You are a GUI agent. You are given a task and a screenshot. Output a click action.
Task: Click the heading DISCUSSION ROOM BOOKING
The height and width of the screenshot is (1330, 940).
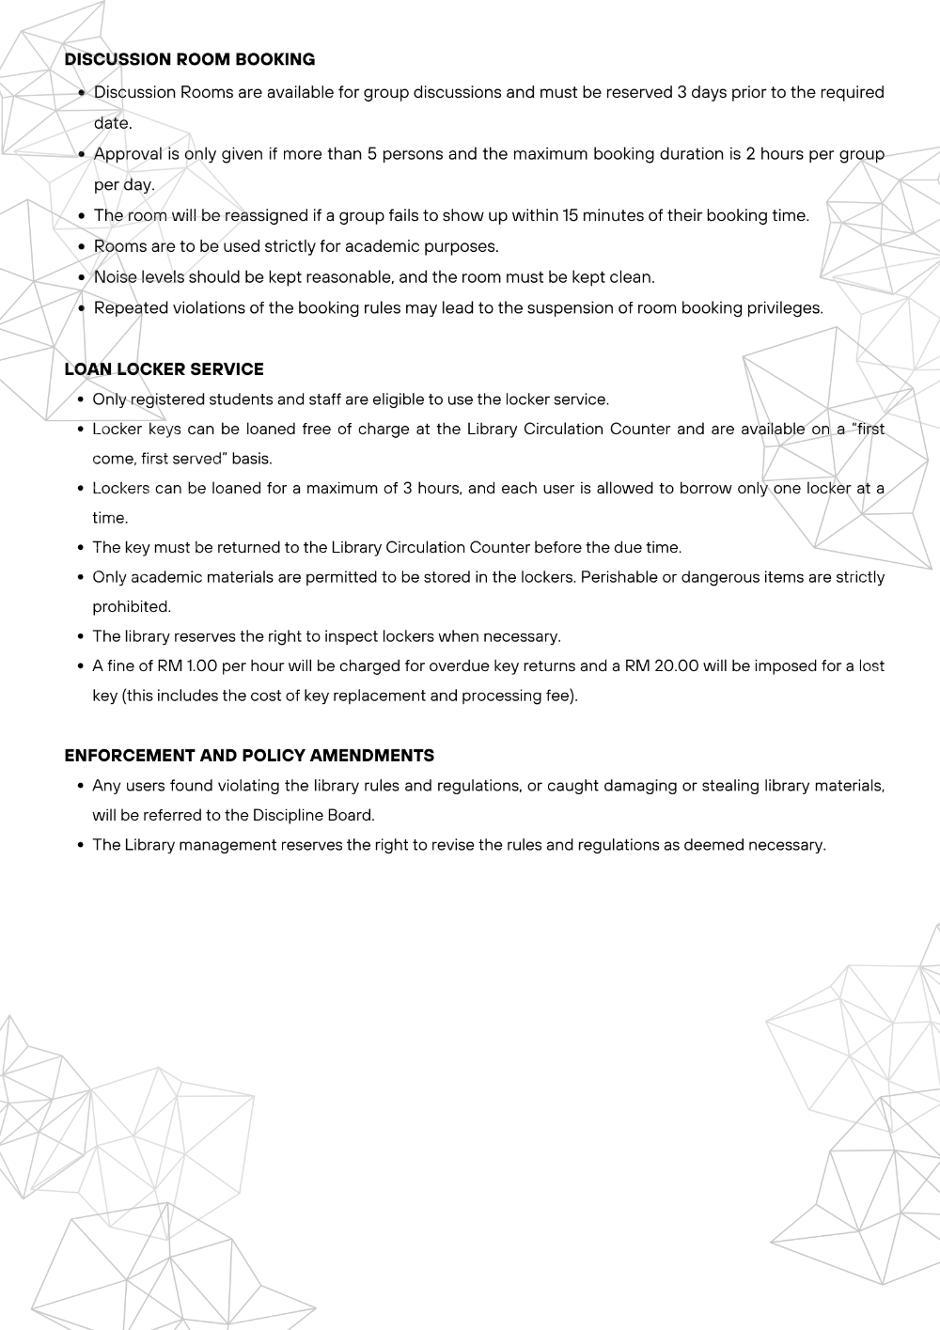189,59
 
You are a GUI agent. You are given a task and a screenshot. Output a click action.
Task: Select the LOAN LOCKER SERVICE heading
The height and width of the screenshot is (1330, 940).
164,368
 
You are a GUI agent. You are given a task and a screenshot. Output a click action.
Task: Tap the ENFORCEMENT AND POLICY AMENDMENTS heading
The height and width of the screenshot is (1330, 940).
249,755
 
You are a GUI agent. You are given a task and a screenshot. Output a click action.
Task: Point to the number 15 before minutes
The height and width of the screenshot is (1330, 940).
571,215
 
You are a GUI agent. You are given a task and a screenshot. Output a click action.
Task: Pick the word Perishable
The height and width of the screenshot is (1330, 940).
619,576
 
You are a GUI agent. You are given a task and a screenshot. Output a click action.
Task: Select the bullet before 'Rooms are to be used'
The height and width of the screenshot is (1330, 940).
83,246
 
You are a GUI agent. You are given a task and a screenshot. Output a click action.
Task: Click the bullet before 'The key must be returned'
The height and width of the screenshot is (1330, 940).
82,547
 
